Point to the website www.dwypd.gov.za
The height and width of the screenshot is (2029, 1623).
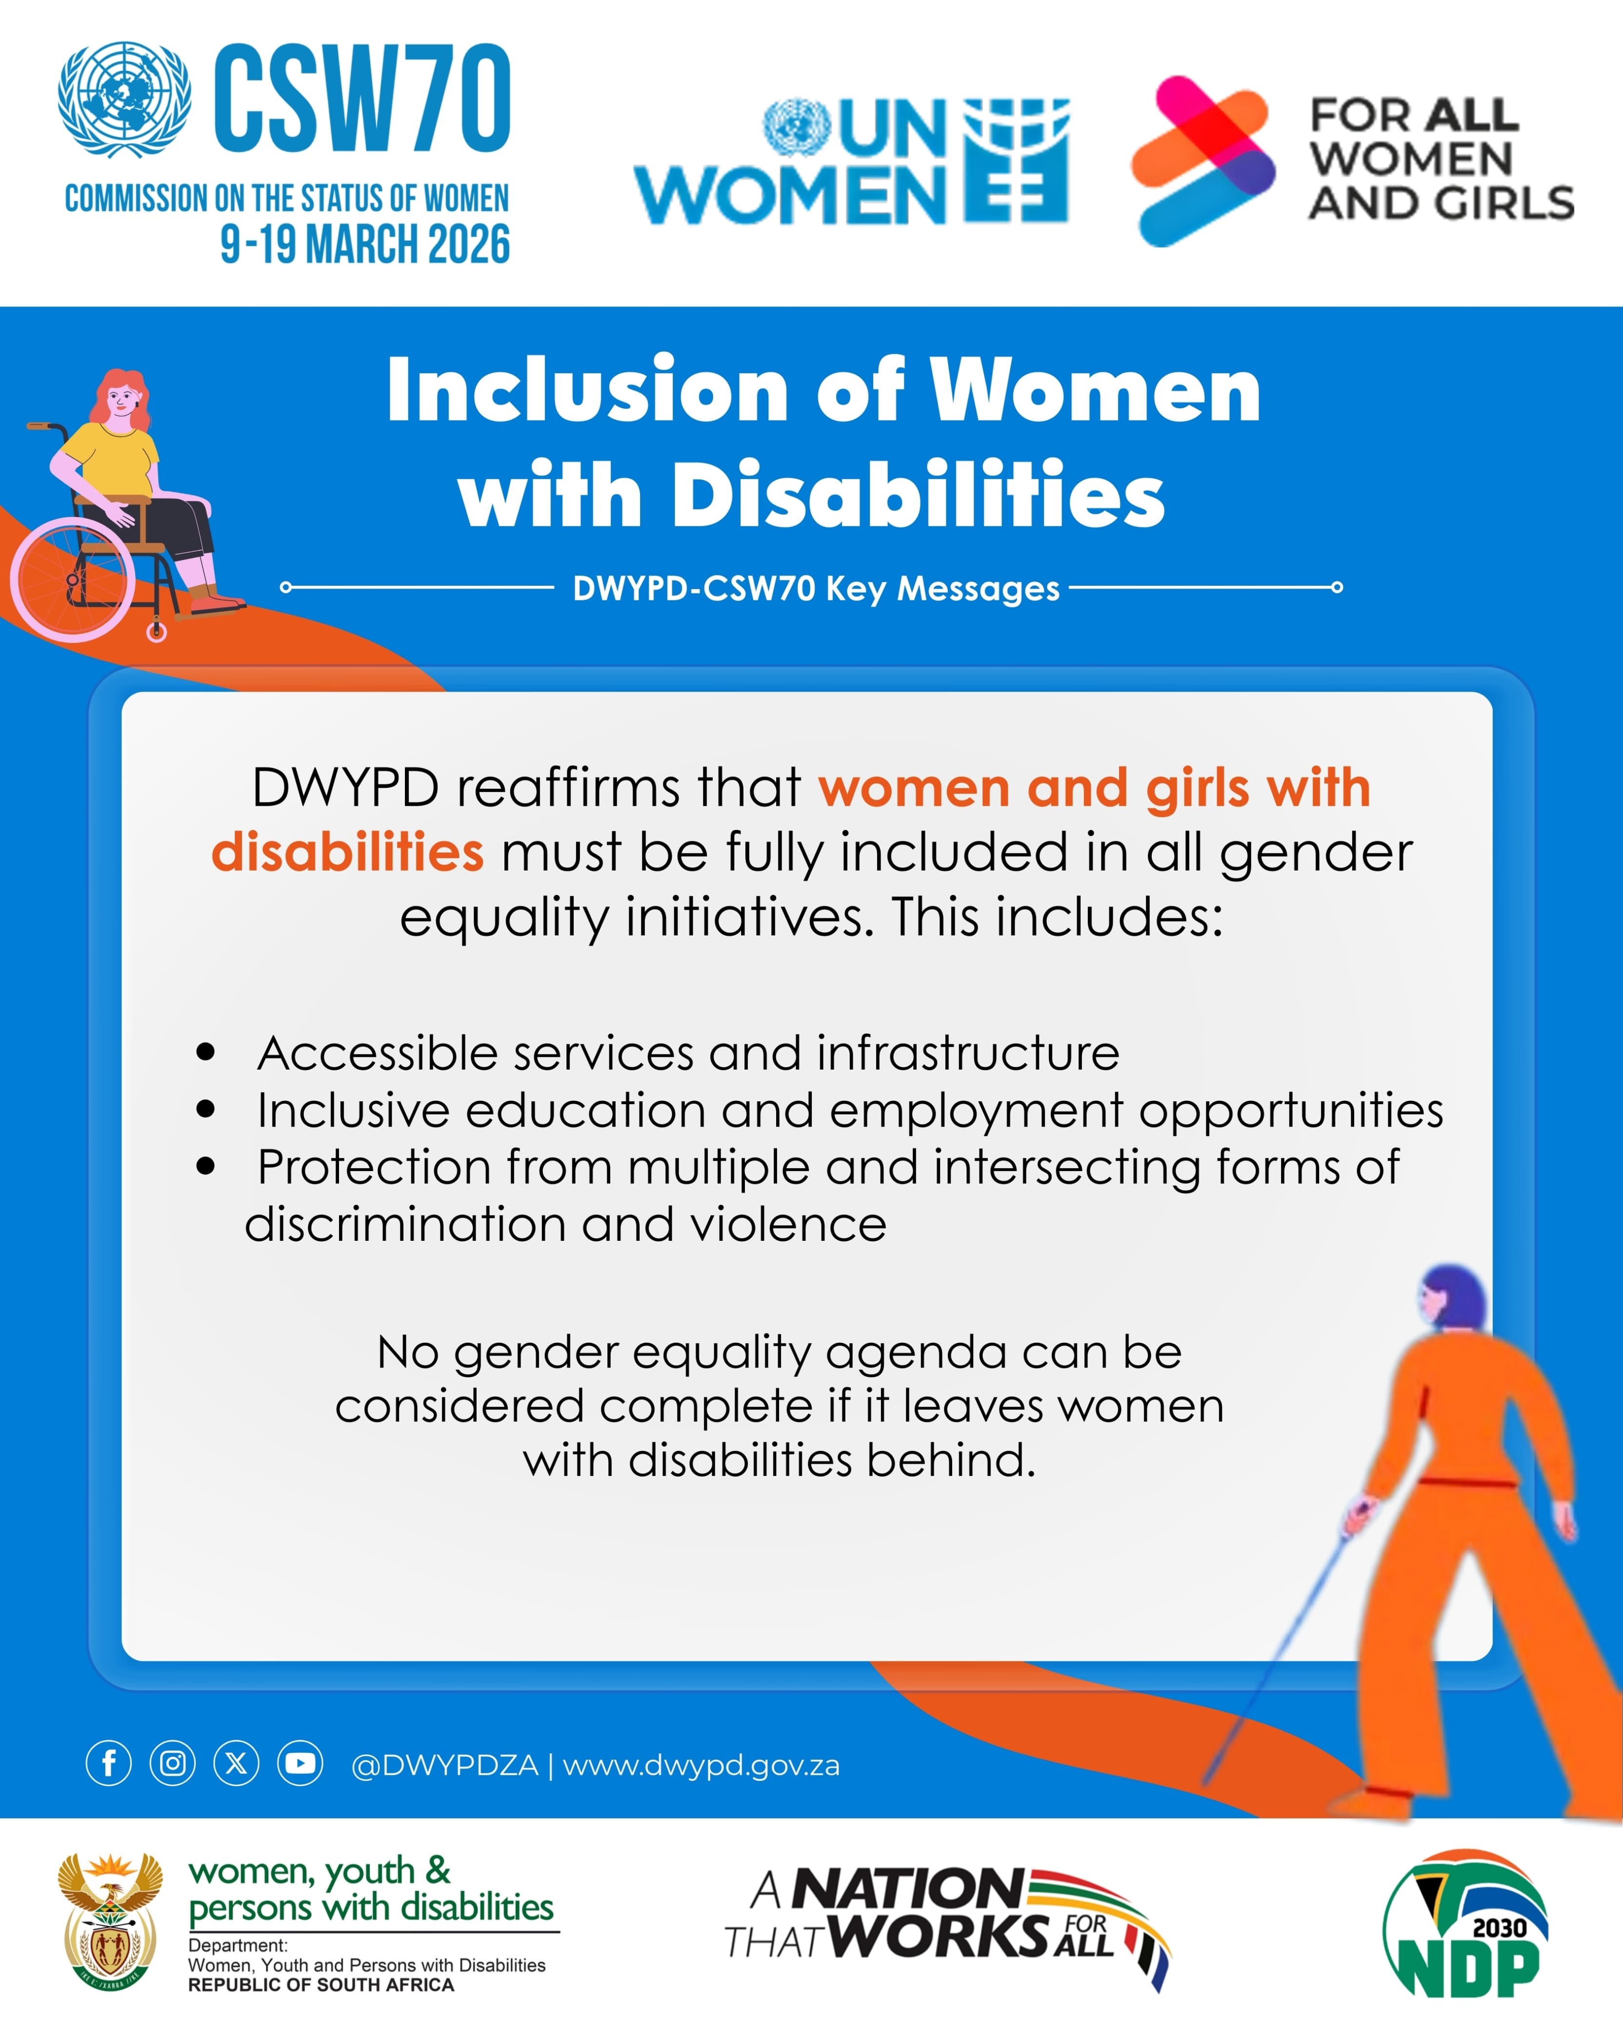point(701,1766)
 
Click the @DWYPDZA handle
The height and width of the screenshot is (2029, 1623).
point(444,1766)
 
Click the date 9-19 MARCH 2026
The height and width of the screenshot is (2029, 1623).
point(365,244)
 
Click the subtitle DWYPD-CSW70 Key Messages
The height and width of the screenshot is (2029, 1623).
point(816,588)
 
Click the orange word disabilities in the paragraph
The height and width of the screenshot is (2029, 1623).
point(347,852)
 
